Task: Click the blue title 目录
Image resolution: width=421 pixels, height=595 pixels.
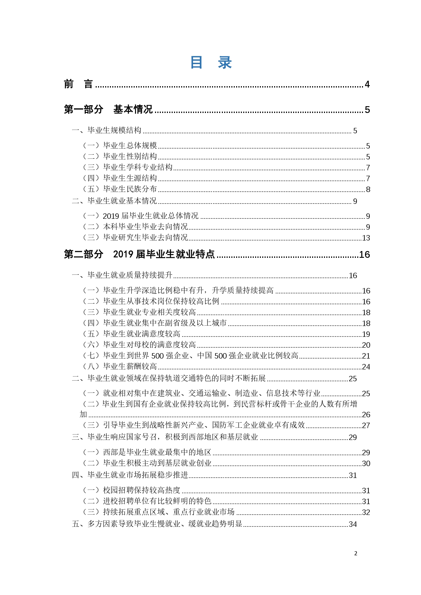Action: [x=211, y=62]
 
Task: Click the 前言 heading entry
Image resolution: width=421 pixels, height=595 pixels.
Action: [x=78, y=84]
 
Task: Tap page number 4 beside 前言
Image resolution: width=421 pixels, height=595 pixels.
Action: [x=367, y=84]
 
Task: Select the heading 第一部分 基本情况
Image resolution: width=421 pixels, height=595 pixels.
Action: [x=108, y=109]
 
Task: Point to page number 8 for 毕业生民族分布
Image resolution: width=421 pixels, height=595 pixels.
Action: [x=368, y=189]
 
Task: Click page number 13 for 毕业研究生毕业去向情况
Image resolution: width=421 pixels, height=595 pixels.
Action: [x=366, y=238]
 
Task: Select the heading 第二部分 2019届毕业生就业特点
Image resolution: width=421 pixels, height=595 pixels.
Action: [x=139, y=254]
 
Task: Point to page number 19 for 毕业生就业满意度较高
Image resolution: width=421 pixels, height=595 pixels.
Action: [x=366, y=334]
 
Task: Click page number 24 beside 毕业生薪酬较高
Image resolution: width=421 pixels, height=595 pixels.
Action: [x=366, y=367]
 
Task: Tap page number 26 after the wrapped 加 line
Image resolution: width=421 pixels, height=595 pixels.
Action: [x=366, y=415]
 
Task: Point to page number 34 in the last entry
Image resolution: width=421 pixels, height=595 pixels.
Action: [x=353, y=524]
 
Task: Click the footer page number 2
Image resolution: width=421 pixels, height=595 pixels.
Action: [x=356, y=553]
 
